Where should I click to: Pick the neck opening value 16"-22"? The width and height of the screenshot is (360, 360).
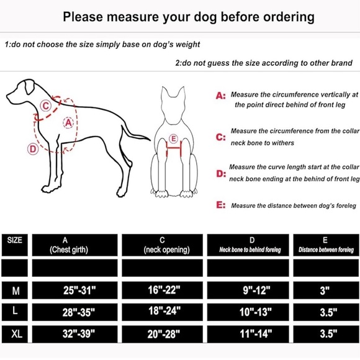163,290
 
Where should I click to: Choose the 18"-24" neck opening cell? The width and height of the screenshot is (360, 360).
163,312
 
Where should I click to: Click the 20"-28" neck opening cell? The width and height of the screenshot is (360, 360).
163,335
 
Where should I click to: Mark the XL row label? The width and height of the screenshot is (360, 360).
14,335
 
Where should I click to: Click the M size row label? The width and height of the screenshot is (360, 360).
14,290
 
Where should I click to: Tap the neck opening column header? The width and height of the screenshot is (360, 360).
163,245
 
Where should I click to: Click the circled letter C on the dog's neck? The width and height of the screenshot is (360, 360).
45,106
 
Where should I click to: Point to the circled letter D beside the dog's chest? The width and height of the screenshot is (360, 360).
32,149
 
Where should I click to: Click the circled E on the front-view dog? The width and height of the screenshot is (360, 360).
173,138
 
